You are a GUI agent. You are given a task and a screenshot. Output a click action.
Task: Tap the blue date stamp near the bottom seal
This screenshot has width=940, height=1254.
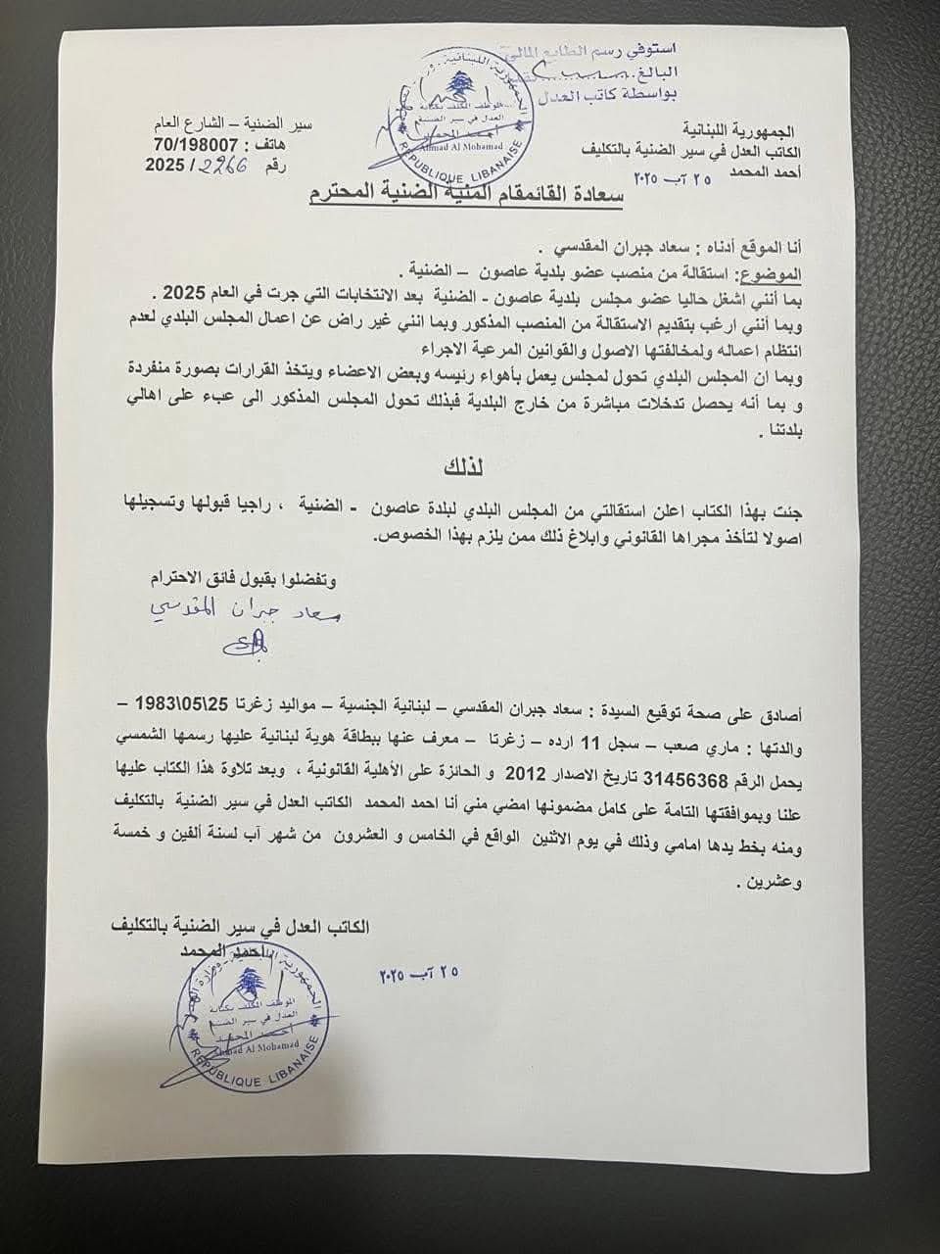(x=415, y=976)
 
